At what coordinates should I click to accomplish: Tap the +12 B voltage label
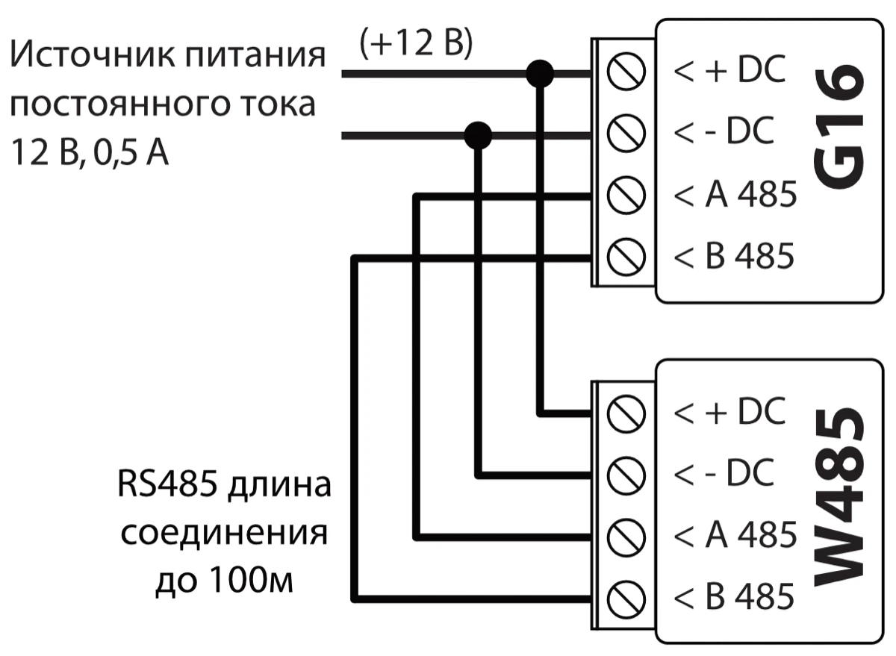[x=416, y=44]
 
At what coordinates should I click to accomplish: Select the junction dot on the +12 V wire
[x=539, y=73]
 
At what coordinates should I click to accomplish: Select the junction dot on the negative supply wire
[x=478, y=135]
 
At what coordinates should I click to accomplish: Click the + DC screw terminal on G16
[x=626, y=72]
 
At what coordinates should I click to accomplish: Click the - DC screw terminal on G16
[x=626, y=134]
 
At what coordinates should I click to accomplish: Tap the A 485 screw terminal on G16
[x=626, y=196]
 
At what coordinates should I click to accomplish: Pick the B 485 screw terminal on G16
[x=626, y=258]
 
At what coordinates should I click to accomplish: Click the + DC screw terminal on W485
[x=626, y=411]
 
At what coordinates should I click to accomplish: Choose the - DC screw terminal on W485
[x=626, y=473]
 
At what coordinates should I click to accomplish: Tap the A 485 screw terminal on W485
[x=626, y=535]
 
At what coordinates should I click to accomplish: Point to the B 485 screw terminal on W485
[x=626, y=597]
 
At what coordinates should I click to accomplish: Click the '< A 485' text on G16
[x=735, y=196]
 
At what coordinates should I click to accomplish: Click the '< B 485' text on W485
[x=735, y=597]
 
